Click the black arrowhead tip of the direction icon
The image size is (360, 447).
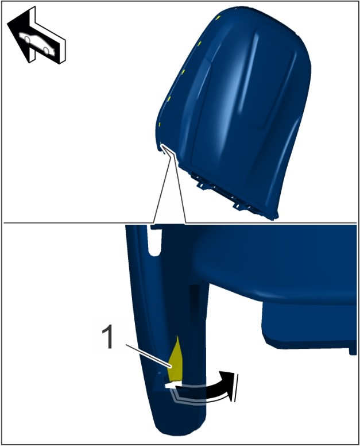point(8,24)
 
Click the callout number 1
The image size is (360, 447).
point(108,338)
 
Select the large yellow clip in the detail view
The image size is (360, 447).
point(176,360)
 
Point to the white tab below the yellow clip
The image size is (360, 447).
point(173,385)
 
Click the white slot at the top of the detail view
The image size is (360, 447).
point(154,241)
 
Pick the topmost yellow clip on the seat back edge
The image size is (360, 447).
point(218,18)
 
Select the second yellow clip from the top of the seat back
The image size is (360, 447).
point(200,44)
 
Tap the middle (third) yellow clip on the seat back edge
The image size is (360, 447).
point(183,71)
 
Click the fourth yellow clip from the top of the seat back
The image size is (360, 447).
point(169,99)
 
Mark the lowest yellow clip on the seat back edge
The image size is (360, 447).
point(160,125)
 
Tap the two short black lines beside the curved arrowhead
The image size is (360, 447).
point(236,388)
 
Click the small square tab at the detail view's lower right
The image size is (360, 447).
point(353,350)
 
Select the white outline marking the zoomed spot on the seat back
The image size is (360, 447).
point(165,149)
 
